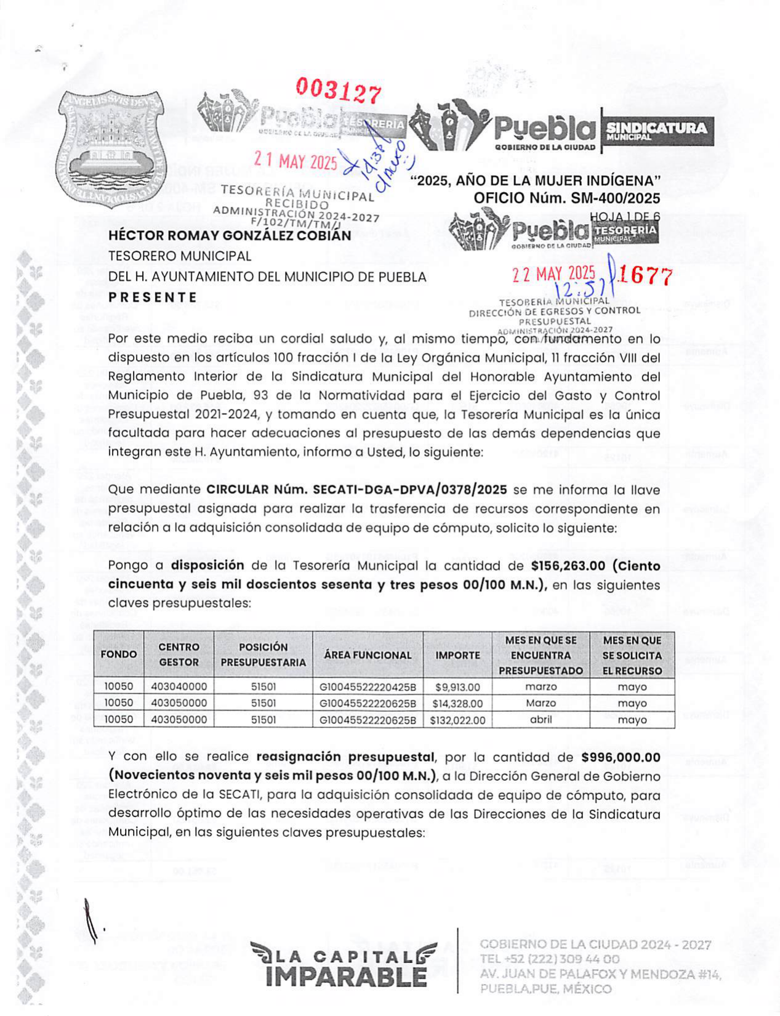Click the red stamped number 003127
click(339, 91)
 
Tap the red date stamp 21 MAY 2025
click(296, 161)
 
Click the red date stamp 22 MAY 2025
click(553, 273)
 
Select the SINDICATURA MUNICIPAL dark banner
click(656, 131)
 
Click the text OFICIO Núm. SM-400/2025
click(566, 198)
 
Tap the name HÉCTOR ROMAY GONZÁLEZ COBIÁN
click(230, 235)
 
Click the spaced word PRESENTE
click(153, 297)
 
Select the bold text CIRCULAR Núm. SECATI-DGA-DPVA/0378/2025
click(356, 490)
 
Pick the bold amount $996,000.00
click(621, 757)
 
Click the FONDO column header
click(119, 655)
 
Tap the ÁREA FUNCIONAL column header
click(368, 655)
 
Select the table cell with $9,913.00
click(457, 687)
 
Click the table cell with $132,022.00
click(457, 720)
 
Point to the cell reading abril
click(541, 720)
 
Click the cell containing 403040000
click(179, 687)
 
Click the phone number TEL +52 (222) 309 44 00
click(550, 959)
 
